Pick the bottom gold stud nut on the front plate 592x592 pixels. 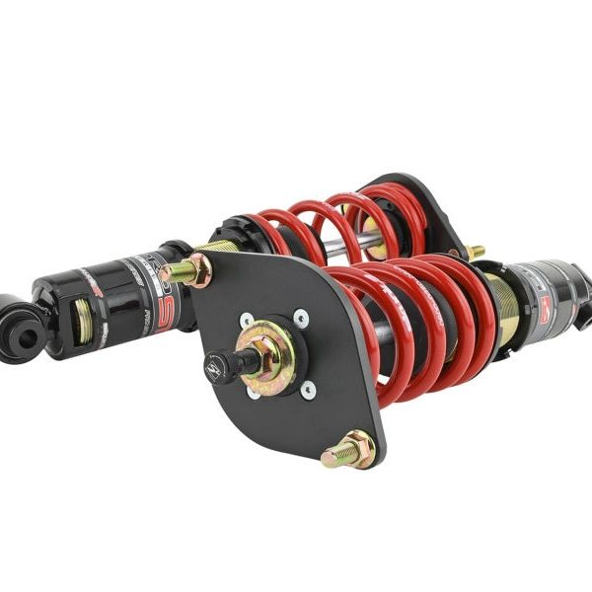point(349,451)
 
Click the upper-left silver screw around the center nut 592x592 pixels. point(246,321)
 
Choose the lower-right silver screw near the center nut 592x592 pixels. point(309,388)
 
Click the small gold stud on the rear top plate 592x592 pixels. point(475,252)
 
